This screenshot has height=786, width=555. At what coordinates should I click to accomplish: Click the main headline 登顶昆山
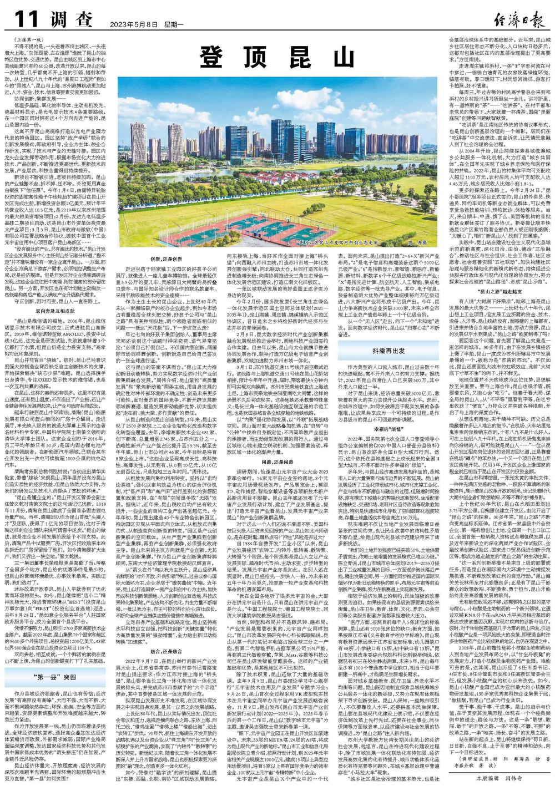(277, 56)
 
